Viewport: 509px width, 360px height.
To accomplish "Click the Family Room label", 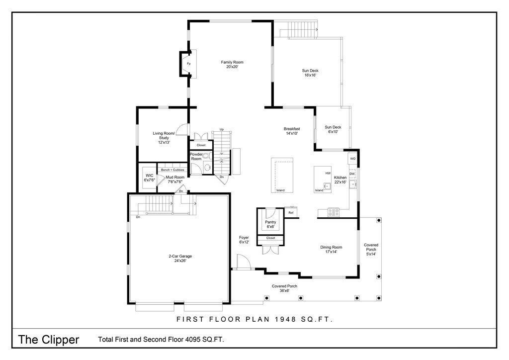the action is [232, 64].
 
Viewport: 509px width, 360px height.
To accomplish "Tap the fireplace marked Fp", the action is [188, 64].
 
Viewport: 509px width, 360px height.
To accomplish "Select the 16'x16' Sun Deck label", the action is [310, 73].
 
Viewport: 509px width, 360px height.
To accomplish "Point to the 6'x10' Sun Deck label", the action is [333, 129].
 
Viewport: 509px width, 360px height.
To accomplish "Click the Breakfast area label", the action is [292, 131].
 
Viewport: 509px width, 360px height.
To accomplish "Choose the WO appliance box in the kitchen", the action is [352, 159].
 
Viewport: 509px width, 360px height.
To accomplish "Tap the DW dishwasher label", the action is [352, 174].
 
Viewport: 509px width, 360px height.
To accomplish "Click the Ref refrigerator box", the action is [291, 213].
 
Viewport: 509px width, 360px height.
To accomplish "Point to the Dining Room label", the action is [331, 249].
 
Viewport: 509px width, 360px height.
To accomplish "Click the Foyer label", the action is [244, 240].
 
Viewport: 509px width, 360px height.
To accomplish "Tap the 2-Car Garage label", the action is [180, 259].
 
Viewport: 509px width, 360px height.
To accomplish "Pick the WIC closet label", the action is [149, 178].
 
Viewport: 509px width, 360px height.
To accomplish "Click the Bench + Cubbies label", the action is [172, 170].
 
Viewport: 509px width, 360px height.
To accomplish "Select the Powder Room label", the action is [196, 157].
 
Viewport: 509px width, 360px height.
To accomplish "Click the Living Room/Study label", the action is [164, 138].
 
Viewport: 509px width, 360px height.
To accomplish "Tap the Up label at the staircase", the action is [222, 129].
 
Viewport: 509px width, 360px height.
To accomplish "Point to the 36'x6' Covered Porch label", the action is [284, 288].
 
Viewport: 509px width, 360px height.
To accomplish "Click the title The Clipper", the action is [49, 340].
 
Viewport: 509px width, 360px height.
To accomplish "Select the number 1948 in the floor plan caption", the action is [286, 319].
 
